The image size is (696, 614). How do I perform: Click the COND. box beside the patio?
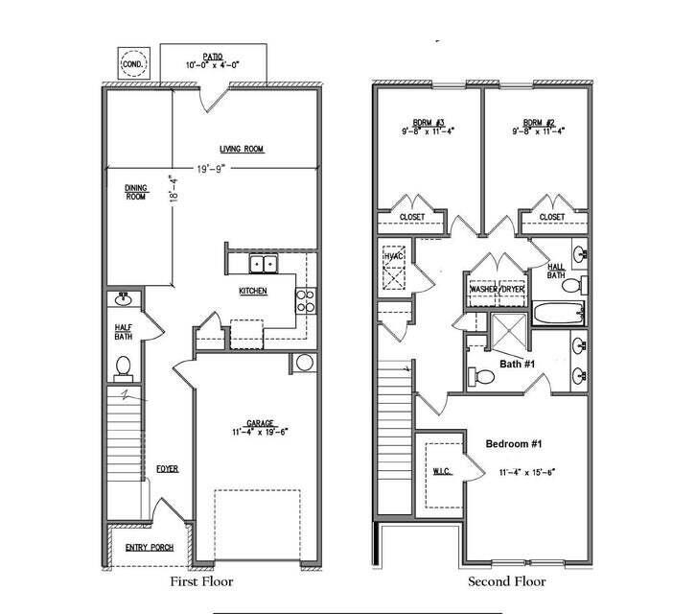tap(132, 65)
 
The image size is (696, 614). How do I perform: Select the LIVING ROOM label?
tap(241, 149)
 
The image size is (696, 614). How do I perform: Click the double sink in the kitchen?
tap(263, 263)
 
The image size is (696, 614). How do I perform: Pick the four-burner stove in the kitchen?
tap(306, 301)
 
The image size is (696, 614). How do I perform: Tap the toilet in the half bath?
tap(123, 366)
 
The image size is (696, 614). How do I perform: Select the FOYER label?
tap(168, 468)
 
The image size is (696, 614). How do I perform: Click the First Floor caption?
tap(201, 581)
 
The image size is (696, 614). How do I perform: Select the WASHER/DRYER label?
tap(497, 288)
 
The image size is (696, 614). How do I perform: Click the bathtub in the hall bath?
tap(557, 313)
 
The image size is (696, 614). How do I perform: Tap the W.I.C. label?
tap(442, 469)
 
